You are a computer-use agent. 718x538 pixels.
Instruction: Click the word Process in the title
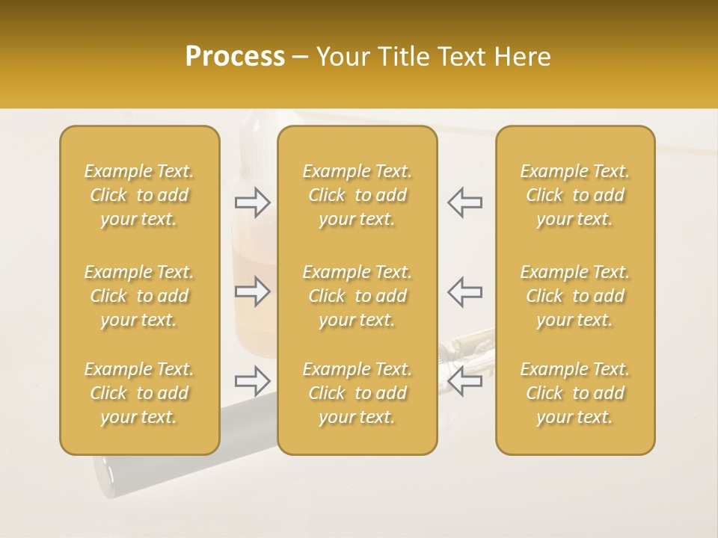[x=235, y=57]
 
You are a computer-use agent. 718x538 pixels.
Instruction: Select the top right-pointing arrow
[x=252, y=202]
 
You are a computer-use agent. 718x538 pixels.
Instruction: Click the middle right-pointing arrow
[x=252, y=291]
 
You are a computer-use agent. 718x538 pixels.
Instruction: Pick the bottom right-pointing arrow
[x=252, y=381]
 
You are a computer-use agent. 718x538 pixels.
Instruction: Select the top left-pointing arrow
[x=465, y=202]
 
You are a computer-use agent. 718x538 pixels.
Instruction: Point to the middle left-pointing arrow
[x=465, y=291]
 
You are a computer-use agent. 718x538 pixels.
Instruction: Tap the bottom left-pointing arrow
[x=465, y=381]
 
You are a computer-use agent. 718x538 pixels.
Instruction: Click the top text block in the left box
[x=139, y=195]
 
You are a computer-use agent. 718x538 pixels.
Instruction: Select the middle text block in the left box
[x=139, y=296]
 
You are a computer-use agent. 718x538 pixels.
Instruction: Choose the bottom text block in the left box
[x=139, y=393]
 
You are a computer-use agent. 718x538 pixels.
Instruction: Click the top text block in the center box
[x=357, y=195]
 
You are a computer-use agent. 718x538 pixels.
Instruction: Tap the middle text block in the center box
[x=357, y=296]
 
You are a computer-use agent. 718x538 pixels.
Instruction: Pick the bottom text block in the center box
[x=357, y=393]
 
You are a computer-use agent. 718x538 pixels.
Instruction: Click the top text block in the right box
[x=574, y=195]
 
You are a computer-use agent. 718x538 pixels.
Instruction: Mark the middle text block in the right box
[x=574, y=296]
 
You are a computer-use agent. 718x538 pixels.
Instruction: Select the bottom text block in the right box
[x=574, y=393]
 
